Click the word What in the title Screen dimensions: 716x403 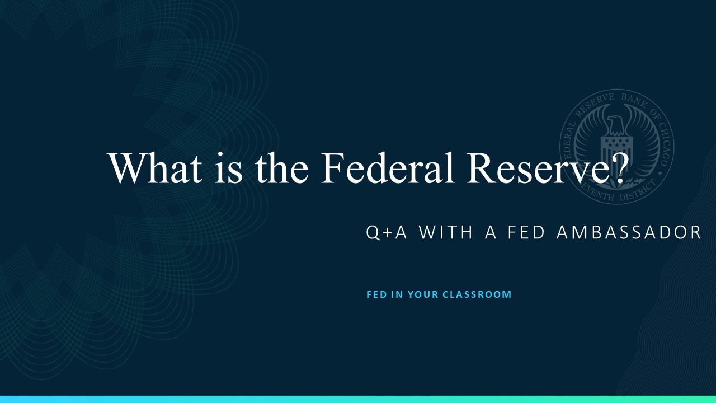[156, 168]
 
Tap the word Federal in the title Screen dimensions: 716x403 [388, 168]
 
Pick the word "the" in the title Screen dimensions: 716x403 [281, 168]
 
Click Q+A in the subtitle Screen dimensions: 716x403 [386, 232]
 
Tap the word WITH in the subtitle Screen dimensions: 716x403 [445, 232]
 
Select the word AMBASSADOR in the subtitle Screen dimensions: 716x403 [629, 232]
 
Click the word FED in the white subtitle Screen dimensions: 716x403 [526, 232]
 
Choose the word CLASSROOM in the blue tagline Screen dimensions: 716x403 [477, 294]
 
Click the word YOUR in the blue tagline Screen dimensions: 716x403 [423, 294]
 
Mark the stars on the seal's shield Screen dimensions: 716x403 [616, 143]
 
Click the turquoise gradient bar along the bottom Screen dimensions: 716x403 [358, 400]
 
